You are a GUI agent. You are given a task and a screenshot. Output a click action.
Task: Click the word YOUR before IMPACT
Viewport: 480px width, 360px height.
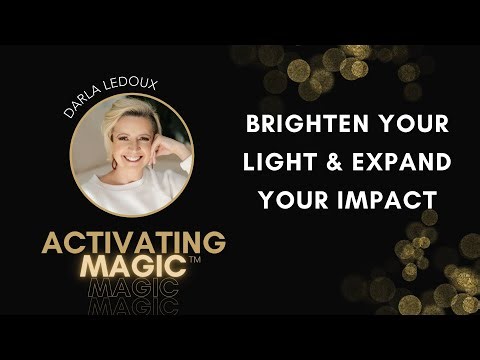pos(291,199)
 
